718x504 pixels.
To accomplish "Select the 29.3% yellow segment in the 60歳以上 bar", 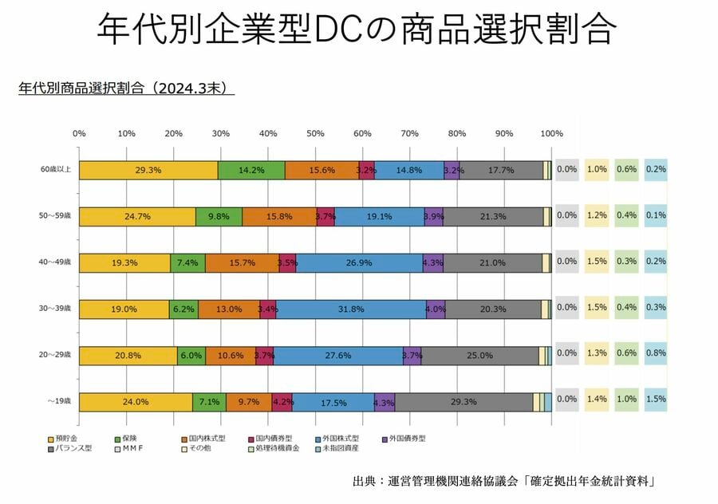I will click(x=148, y=170).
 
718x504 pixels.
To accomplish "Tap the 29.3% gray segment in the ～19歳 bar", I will click(x=464, y=402).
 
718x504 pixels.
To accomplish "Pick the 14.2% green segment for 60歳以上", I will click(x=251, y=170).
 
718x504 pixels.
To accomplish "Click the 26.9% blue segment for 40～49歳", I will click(x=359, y=263).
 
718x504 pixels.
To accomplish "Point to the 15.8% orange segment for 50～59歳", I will click(x=279, y=216).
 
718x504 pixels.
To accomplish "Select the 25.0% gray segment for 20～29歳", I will click(x=479, y=356).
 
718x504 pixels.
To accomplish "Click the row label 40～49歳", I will click(x=56, y=263).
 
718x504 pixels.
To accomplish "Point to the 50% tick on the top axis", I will click(x=315, y=133).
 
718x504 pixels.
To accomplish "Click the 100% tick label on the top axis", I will click(x=551, y=133).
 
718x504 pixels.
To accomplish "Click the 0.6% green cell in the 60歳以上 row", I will click(x=625, y=169).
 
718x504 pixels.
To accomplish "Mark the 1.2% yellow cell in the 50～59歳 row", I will click(x=595, y=215).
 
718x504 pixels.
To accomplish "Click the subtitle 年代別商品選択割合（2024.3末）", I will click(x=126, y=88).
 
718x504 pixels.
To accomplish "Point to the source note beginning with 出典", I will click(x=503, y=481).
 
